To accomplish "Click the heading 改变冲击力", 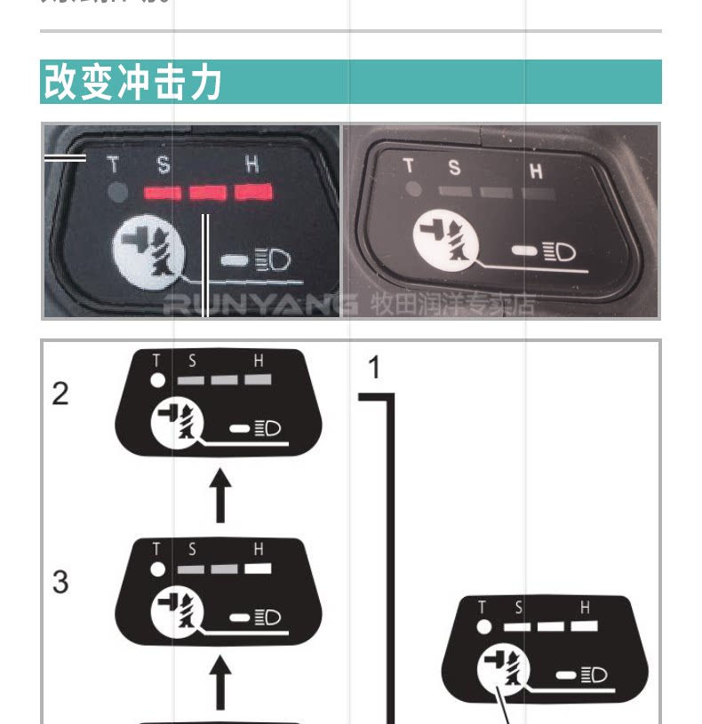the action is point(133,82).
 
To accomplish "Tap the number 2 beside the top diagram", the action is point(60,394).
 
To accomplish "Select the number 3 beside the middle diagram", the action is point(60,582).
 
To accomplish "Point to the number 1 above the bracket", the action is point(374,367).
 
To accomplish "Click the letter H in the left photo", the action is point(252,163).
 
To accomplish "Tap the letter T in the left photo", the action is point(113,164).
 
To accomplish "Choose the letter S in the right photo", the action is point(454,166).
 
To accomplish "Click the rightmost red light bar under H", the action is point(252,191).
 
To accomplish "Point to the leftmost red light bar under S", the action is point(163,192).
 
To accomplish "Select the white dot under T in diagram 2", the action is point(157,379).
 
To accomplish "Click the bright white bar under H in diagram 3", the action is point(258,568).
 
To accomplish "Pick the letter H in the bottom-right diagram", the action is point(585,608).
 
